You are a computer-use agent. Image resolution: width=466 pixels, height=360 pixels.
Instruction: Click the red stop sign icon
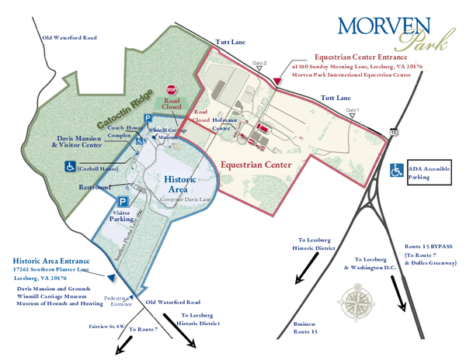point(172,91)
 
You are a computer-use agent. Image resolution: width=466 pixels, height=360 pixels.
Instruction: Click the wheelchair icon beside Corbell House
point(70,166)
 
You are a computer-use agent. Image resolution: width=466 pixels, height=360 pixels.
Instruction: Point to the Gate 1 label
point(353,110)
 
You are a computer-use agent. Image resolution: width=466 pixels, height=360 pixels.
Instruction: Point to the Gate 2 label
point(259,62)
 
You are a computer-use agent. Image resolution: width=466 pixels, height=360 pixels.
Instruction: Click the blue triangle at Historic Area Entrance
point(112,276)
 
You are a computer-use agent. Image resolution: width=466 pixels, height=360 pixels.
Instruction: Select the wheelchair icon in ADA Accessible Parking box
point(396,171)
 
